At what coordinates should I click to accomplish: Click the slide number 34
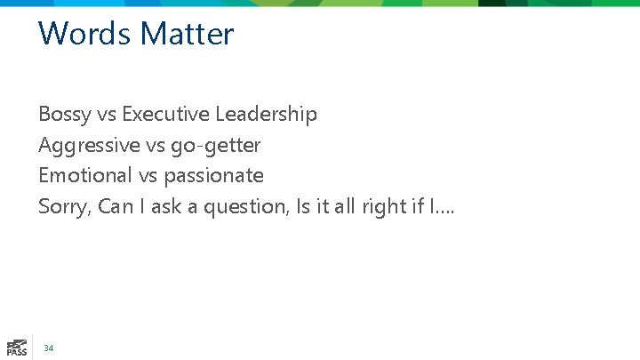pyautogui.click(x=49, y=348)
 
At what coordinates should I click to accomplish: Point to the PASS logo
pyautogui.click(x=16, y=347)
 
